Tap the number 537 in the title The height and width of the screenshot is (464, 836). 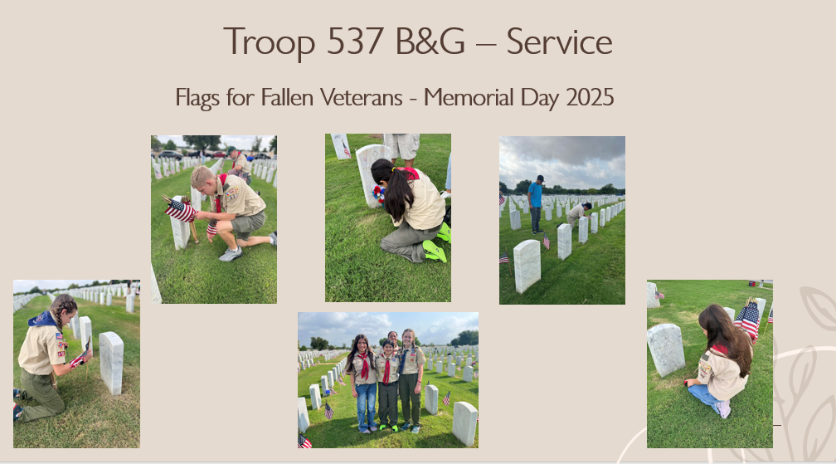click(x=355, y=41)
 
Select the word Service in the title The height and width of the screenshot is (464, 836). click(x=559, y=41)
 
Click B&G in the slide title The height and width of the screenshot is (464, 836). click(x=430, y=41)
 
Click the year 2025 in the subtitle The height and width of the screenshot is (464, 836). click(x=590, y=98)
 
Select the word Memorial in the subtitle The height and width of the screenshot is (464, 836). click(x=469, y=98)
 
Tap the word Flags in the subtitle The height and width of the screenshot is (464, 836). click(x=197, y=98)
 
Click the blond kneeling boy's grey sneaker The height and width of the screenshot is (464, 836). click(x=231, y=254)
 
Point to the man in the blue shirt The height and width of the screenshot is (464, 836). click(x=535, y=204)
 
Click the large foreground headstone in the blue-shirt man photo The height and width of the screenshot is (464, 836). click(x=527, y=266)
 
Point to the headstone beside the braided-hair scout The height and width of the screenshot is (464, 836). click(x=111, y=363)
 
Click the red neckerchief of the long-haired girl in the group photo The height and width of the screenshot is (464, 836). click(x=365, y=364)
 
